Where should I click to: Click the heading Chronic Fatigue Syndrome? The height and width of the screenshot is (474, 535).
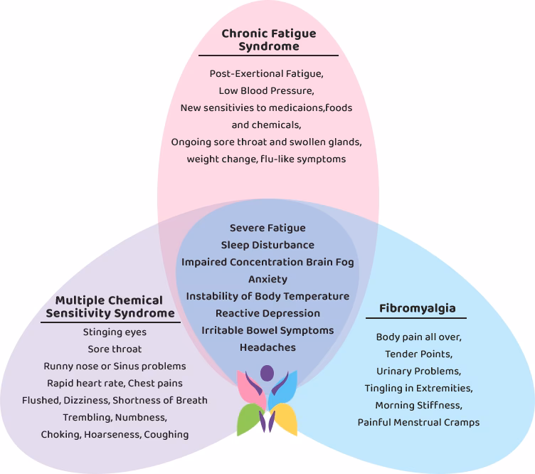coord(268,40)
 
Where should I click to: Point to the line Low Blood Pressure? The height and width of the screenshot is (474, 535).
coord(267,90)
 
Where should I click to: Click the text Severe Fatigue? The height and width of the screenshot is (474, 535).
coord(267,228)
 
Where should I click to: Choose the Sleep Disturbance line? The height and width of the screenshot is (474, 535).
coord(267,245)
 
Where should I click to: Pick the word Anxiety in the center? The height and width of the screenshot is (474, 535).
coord(267,279)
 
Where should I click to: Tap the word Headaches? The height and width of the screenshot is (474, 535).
coord(267,347)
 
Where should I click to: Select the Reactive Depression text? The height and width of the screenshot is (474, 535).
coord(267,313)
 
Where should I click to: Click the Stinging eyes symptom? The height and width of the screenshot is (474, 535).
coord(115,332)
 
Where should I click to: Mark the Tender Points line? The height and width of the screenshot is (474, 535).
coord(418,354)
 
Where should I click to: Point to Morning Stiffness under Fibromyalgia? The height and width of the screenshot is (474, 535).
coord(418,405)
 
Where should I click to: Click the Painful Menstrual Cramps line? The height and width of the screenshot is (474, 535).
coord(418,422)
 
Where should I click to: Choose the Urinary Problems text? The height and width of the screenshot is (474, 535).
coord(418,371)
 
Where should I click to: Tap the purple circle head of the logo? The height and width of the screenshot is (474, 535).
coord(267,372)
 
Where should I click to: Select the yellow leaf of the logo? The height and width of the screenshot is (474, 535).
coord(285,421)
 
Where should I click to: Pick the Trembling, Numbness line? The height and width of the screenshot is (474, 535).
coord(115,417)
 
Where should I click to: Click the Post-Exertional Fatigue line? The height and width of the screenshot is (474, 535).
coord(267,73)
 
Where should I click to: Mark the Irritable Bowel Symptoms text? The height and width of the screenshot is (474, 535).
coord(267,330)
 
